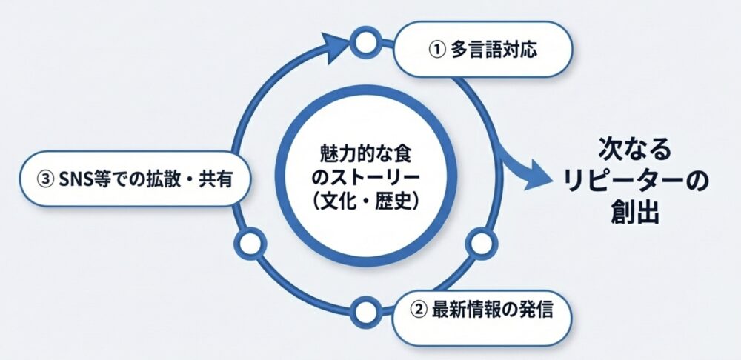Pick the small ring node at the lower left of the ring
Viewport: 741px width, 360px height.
coord(249,242)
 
